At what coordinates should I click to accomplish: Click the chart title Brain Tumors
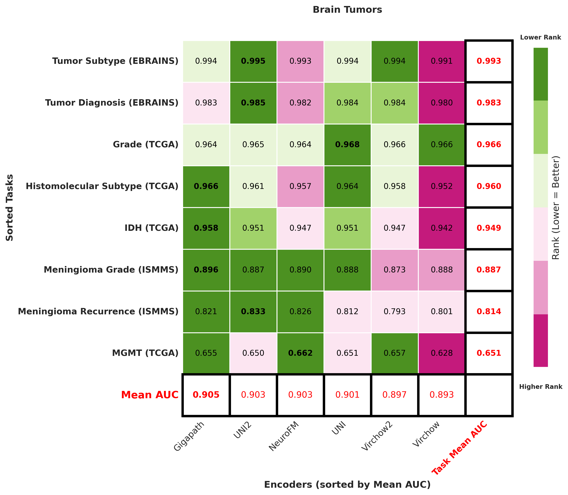(x=347, y=10)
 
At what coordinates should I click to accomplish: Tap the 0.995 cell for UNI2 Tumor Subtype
(x=253, y=61)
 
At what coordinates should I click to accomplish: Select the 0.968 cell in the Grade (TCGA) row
(x=347, y=145)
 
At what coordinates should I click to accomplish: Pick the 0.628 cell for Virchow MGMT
(x=441, y=353)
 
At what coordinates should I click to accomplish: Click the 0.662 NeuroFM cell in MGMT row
(x=300, y=353)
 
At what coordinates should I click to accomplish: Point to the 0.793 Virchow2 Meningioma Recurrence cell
(x=394, y=312)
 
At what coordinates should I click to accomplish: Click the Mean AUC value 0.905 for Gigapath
(x=206, y=395)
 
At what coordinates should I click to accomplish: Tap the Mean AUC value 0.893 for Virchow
(x=441, y=395)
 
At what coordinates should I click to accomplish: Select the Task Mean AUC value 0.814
(x=489, y=312)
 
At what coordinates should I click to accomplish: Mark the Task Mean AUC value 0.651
(x=489, y=353)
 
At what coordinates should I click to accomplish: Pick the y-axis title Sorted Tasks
(x=10, y=207)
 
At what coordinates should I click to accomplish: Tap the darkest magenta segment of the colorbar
(x=540, y=340)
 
